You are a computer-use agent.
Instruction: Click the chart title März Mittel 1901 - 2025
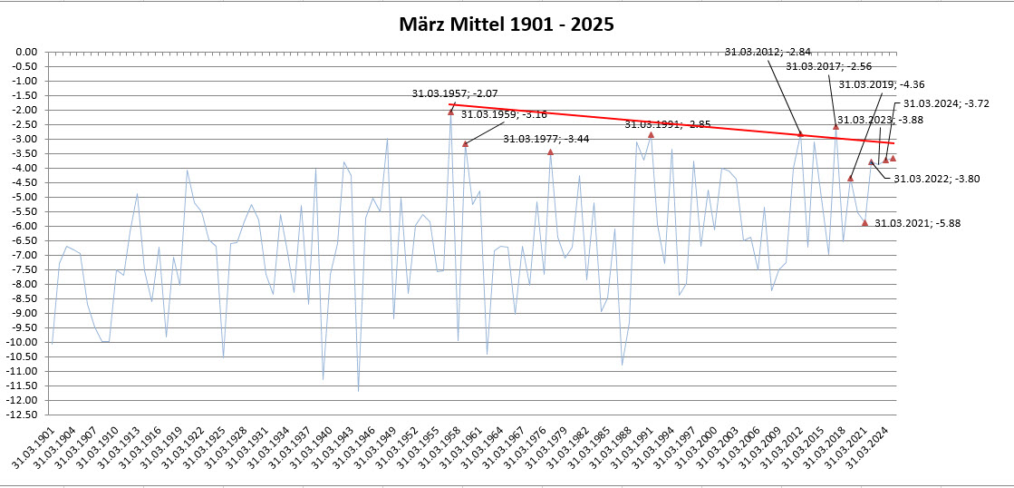(x=507, y=24)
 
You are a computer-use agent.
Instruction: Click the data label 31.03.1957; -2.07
(x=455, y=93)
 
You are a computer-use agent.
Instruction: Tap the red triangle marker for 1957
(x=450, y=112)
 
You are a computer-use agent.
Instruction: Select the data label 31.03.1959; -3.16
(x=504, y=114)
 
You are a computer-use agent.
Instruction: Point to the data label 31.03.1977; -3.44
(x=546, y=139)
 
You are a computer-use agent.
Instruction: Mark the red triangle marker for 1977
(x=550, y=151)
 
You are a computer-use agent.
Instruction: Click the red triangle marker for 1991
(x=651, y=134)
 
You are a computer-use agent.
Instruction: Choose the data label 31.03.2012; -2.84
(x=768, y=52)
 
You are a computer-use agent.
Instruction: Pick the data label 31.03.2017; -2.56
(x=828, y=66)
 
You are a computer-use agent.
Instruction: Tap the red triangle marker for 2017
(x=835, y=126)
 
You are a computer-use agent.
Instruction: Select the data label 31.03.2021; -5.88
(x=917, y=223)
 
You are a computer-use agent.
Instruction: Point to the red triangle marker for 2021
(x=864, y=222)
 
